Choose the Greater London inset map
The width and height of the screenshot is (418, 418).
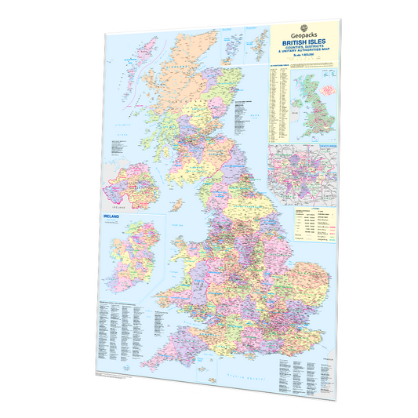[x=305, y=174]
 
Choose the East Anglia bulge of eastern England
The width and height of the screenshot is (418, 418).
[x=310, y=274]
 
